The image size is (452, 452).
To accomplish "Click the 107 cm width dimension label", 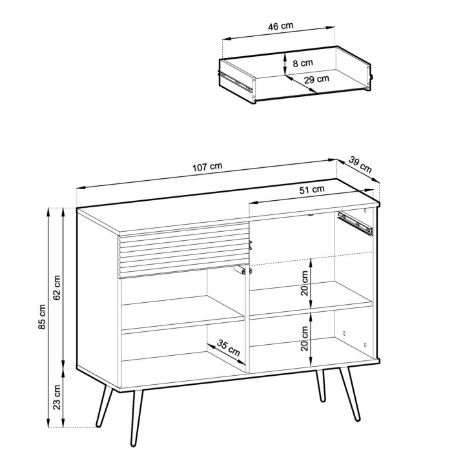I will (x=207, y=167).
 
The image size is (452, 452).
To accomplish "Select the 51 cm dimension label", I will (x=312, y=190).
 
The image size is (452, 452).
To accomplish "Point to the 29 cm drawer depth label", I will (x=316, y=79).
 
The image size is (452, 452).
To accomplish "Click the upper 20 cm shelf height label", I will (x=305, y=282).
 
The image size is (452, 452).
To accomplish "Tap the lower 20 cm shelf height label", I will (x=305, y=338).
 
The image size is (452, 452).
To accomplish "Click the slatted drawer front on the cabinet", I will (x=183, y=249).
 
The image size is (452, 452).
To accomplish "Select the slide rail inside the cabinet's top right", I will (x=355, y=223).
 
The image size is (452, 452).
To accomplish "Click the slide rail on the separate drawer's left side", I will (x=237, y=81).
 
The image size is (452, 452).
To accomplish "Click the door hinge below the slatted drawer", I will (x=241, y=271).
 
